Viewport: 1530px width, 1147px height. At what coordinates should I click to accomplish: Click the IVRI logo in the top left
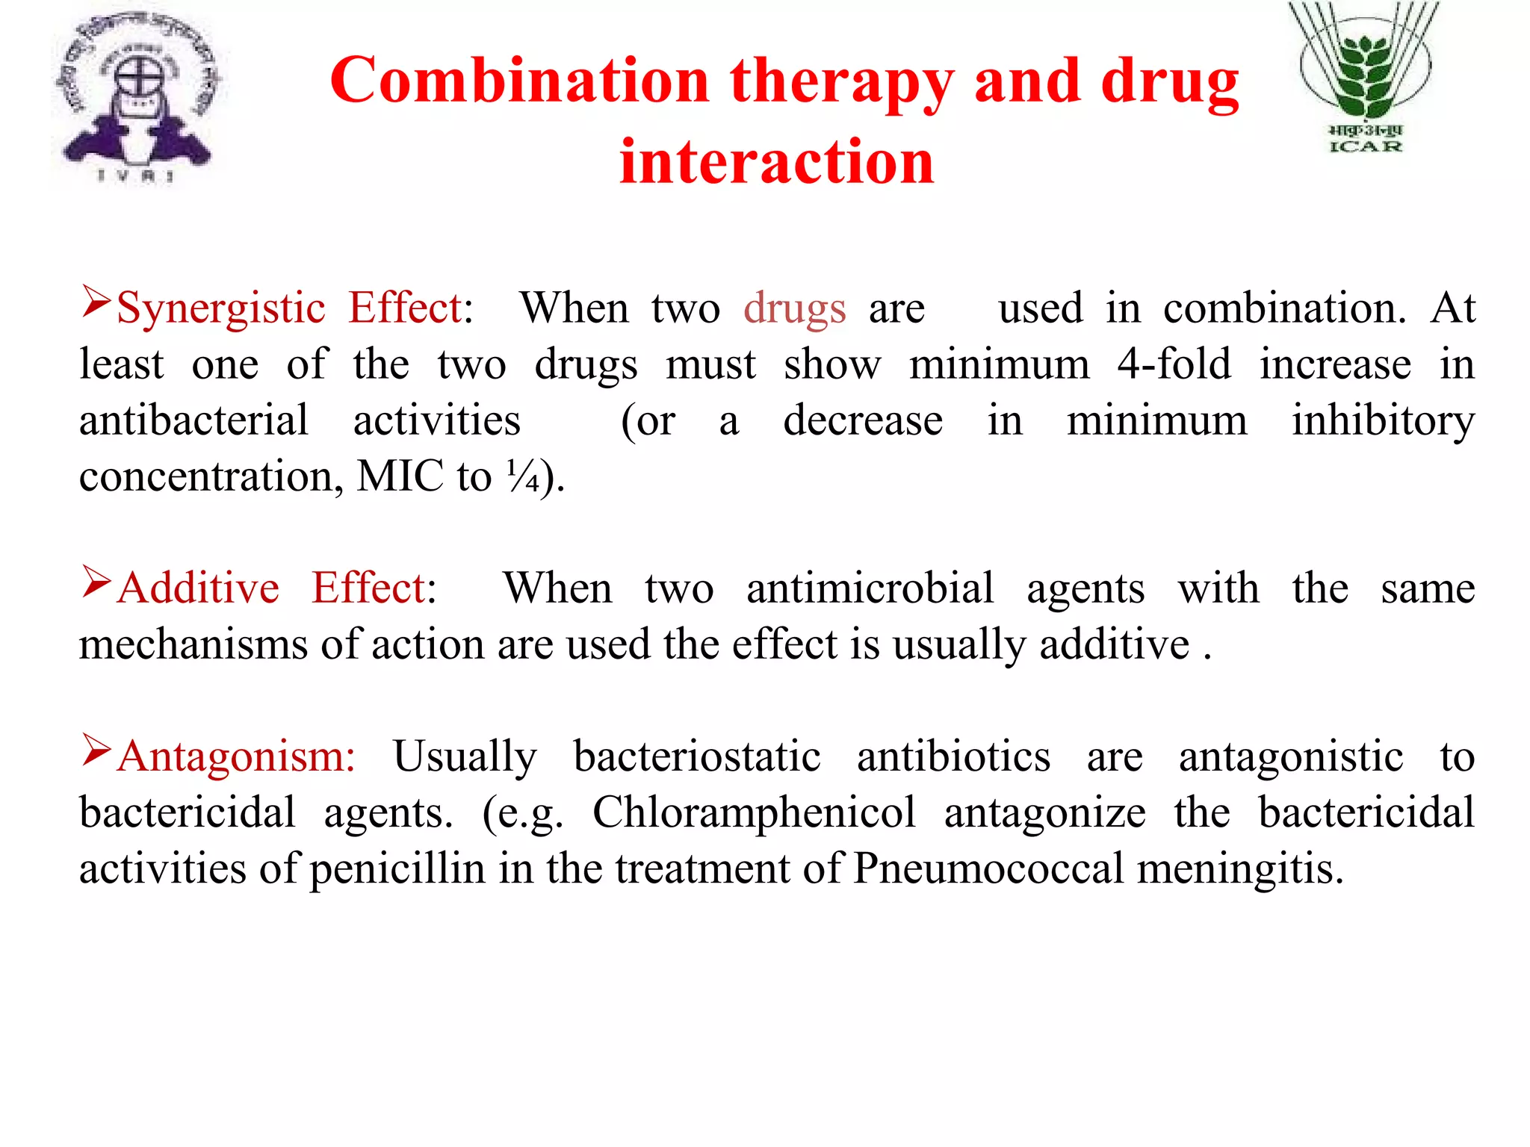[137, 97]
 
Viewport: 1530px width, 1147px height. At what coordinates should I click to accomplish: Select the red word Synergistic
[221, 308]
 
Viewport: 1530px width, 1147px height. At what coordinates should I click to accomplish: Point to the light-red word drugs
[795, 308]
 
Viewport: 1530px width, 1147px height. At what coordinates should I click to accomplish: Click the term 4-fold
[1174, 364]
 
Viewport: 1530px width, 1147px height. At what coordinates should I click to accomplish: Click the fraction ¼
[523, 476]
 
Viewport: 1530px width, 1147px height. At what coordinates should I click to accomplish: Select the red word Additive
[199, 588]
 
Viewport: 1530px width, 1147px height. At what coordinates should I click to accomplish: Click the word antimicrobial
[870, 588]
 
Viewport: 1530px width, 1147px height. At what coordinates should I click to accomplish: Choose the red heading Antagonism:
[236, 756]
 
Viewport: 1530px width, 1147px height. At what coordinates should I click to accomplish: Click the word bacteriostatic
[697, 756]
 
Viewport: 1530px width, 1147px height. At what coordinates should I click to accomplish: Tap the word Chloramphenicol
[754, 812]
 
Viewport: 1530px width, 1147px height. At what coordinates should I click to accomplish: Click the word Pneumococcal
[988, 868]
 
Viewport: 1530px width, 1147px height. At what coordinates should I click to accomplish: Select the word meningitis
[1240, 868]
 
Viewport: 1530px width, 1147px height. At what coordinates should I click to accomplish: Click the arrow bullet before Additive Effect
[96, 582]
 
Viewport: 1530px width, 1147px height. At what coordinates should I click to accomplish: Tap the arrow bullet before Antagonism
[96, 750]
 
